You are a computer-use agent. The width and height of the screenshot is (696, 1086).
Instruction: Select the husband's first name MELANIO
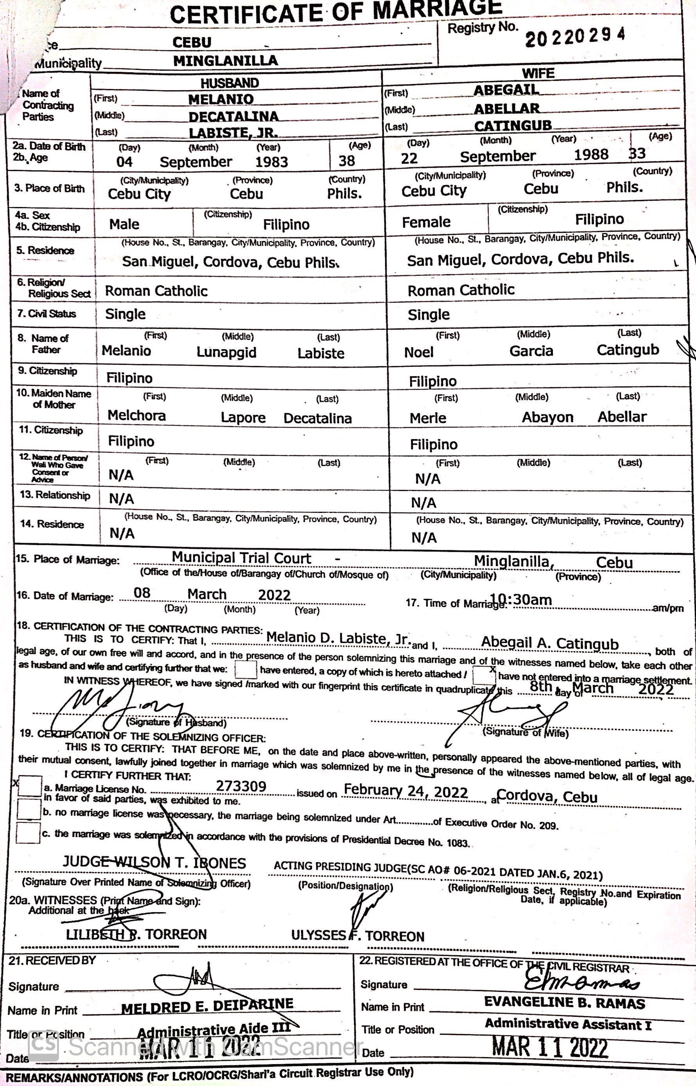221,99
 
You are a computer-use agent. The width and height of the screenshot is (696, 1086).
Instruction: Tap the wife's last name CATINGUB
513,125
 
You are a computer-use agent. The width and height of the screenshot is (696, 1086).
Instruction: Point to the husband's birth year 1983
271,162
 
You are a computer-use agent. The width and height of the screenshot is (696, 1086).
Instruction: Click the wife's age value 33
637,154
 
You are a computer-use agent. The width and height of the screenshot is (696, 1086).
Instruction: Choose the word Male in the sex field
124,224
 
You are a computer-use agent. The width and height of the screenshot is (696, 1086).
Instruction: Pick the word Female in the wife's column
426,222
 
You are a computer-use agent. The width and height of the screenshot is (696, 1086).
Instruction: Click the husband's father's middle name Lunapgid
226,352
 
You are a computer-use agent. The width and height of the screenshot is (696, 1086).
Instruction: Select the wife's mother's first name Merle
427,418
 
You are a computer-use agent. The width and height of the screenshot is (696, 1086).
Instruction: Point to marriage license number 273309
241,786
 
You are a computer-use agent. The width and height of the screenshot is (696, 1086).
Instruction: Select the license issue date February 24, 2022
405,791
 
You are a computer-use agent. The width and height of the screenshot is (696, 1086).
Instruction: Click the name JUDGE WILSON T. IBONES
154,863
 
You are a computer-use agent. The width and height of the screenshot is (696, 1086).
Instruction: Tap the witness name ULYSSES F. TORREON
357,936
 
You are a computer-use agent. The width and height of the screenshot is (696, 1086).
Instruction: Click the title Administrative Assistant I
568,1024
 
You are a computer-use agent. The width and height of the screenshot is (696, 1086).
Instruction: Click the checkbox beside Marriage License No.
30,786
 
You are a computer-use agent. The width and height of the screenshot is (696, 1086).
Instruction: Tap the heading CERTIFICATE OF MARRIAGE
336,12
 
